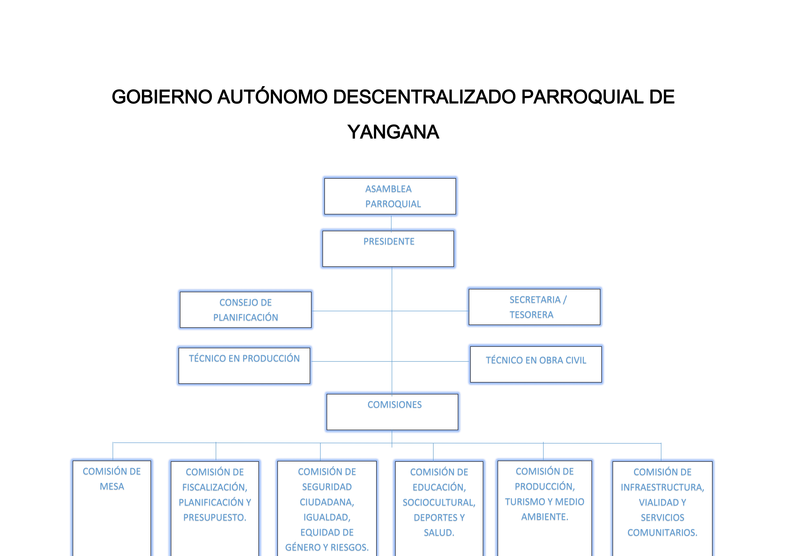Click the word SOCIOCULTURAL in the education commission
[x=439, y=503]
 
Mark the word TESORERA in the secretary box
[x=531, y=315]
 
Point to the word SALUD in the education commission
[x=439, y=533]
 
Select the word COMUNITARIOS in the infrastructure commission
[x=662, y=533]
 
